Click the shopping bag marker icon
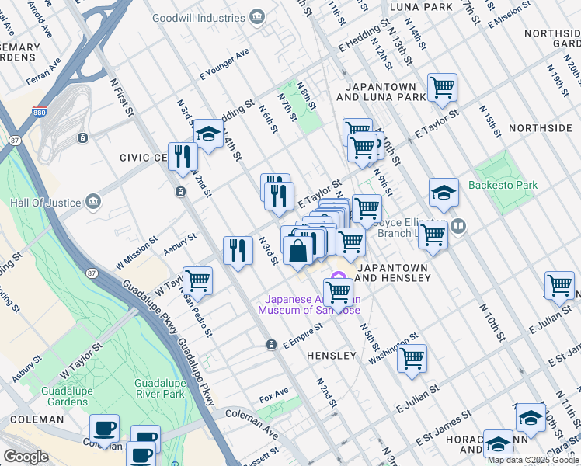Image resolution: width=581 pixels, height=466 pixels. tap(298, 251)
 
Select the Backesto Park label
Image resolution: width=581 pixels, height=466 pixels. tap(503, 186)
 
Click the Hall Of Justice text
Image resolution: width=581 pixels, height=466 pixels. tap(46, 203)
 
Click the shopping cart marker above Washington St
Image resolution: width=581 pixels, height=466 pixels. tap(412, 358)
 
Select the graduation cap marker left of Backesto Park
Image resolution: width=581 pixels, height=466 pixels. tap(444, 192)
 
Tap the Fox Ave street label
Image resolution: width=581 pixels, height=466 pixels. tap(274, 397)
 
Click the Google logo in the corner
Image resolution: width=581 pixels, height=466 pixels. tap(26, 457)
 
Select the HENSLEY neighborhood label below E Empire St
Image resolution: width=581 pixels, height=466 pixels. tap(331, 356)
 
